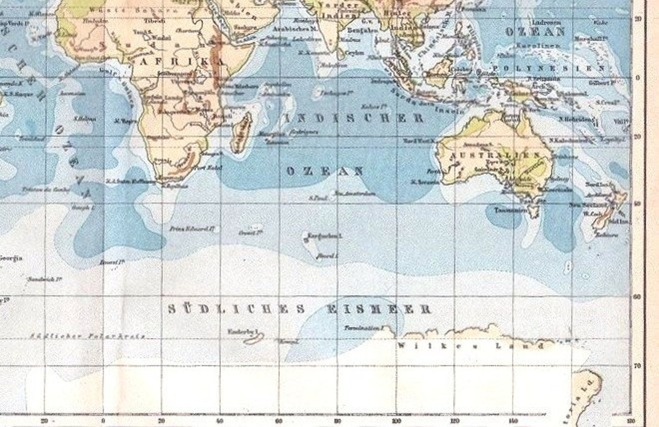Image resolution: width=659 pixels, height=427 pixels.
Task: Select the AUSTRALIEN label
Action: [496, 155]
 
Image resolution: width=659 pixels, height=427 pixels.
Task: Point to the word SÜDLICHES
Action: [236, 310]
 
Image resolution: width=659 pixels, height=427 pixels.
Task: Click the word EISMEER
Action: [379, 310]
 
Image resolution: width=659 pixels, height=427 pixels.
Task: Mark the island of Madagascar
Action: [242, 133]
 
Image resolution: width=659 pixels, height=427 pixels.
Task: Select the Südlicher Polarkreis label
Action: [87, 336]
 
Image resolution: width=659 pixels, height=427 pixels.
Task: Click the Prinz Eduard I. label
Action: [192, 229]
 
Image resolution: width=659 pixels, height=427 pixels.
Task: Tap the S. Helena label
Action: [84, 118]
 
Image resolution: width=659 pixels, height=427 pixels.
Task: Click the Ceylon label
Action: [355, 53]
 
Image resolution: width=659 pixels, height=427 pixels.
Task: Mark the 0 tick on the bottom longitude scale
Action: [103, 421]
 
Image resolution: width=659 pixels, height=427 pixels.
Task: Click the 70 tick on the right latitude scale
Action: [638, 366]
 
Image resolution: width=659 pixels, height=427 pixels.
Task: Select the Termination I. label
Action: [363, 328]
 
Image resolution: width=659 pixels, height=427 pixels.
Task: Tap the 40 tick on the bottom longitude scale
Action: [220, 421]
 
